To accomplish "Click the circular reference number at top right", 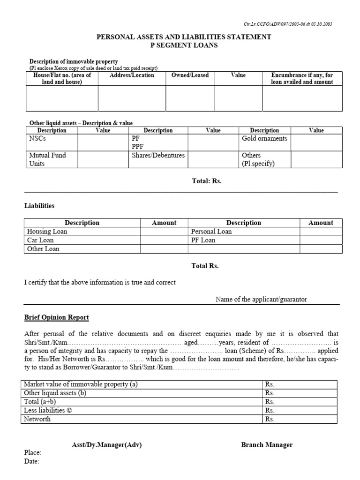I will pyautogui.click(x=296, y=24).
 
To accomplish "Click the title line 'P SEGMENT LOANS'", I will pyautogui.click(x=184, y=45).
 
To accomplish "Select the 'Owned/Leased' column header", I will pyautogui.click(x=190, y=75).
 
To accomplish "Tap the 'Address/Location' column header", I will pyautogui.click(x=132, y=75).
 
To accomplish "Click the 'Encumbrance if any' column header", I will pyautogui.click(x=302, y=78).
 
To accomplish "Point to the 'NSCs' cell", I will pyautogui.click(x=37, y=139).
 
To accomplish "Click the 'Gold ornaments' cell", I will pyautogui.click(x=264, y=139).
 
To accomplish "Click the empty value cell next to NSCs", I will pyautogui.click(x=103, y=142).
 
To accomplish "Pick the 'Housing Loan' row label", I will pyautogui.click(x=47, y=232).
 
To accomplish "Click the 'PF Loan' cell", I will pyautogui.click(x=203, y=240).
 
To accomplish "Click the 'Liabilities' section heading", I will pyautogui.click(x=39, y=206).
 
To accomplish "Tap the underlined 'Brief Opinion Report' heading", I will pyautogui.click(x=56, y=318).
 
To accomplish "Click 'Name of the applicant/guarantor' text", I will pyautogui.click(x=261, y=300).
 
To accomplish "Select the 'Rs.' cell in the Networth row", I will pyautogui.click(x=270, y=420).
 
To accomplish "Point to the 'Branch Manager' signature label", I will pyautogui.click(x=267, y=445).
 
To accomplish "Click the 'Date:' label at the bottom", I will pyautogui.click(x=31, y=462).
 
